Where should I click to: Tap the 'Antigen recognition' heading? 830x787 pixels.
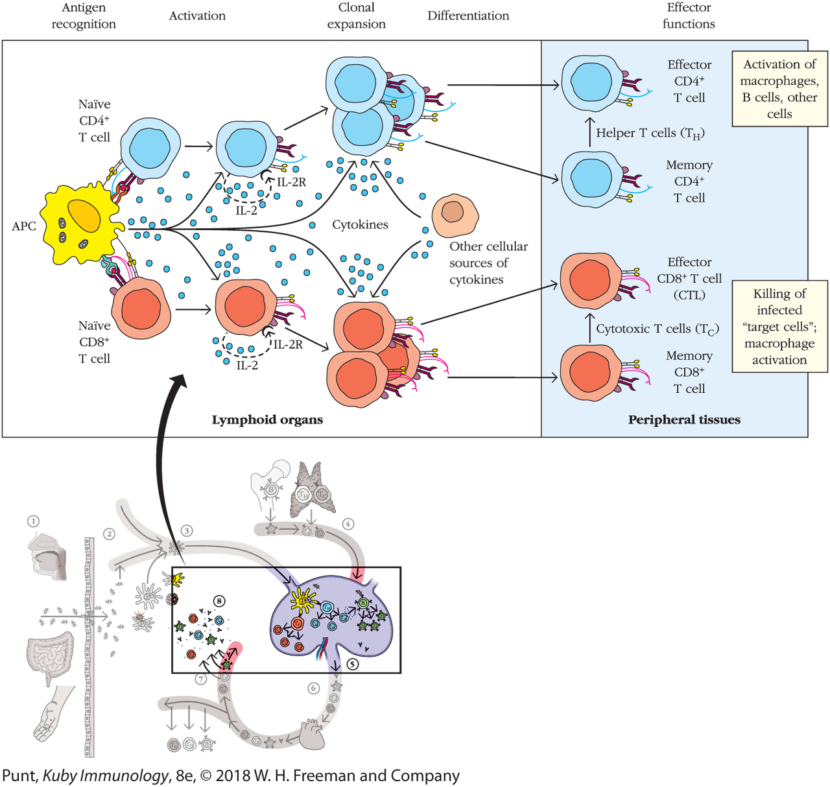point(84,16)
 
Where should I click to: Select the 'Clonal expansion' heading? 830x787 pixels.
point(356,16)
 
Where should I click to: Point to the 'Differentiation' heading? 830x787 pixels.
point(468,16)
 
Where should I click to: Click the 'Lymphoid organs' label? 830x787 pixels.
point(267,420)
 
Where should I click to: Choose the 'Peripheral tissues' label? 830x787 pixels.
point(684,420)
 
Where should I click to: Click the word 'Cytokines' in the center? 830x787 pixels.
point(360,225)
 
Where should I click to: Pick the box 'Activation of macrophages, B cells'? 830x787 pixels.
point(779,89)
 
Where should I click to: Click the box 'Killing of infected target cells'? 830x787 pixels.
point(779,326)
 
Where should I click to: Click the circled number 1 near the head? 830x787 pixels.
point(33,521)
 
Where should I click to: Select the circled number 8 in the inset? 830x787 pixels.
point(220,601)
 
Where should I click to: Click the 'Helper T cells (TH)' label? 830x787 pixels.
point(650,133)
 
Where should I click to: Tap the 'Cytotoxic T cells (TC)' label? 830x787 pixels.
point(657,329)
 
